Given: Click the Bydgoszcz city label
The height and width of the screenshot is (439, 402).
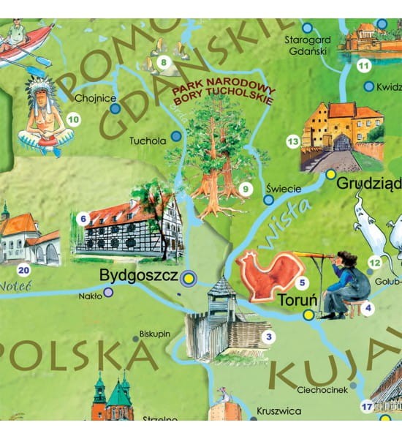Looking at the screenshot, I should click(x=138, y=277).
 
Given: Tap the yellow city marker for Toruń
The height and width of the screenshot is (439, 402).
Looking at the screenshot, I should click(x=308, y=315).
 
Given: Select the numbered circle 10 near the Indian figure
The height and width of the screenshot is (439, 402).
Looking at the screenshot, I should click(x=73, y=119).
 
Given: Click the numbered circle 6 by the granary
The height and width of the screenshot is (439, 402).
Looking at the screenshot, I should click(x=83, y=217).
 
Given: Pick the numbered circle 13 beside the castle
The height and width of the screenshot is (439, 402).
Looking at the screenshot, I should click(x=293, y=141).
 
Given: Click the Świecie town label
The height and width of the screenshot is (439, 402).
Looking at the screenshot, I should click(x=284, y=188).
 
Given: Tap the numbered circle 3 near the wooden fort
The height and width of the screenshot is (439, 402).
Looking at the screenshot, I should click(x=269, y=337).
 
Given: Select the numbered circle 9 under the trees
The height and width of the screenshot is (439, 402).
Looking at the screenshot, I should click(x=246, y=190).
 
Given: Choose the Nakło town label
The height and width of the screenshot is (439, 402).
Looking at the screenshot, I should click(x=91, y=296).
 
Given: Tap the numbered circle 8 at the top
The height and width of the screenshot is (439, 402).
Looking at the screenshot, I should click(x=164, y=61).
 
